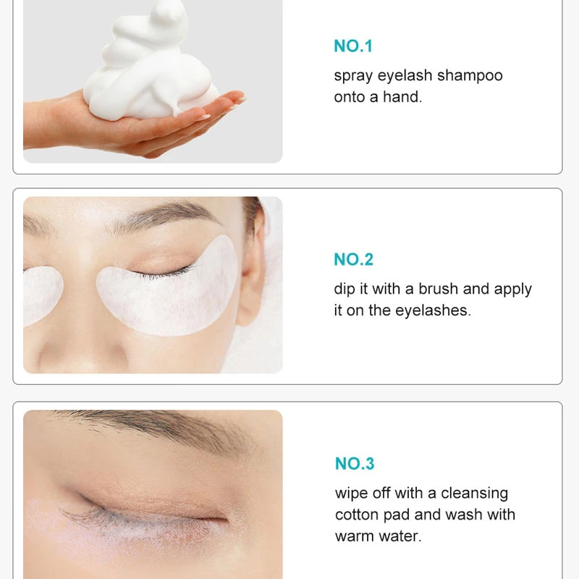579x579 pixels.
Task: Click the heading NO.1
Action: (353, 46)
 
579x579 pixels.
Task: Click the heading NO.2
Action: (353, 259)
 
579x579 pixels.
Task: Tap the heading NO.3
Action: (355, 463)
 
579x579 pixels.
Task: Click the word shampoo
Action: (470, 76)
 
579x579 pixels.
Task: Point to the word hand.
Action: (402, 97)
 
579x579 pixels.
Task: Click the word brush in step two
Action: (439, 288)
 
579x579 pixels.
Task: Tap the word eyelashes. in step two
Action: (433, 311)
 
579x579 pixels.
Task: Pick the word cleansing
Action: (475, 494)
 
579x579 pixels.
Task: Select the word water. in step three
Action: (400, 536)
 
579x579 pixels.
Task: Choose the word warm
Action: (355, 536)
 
